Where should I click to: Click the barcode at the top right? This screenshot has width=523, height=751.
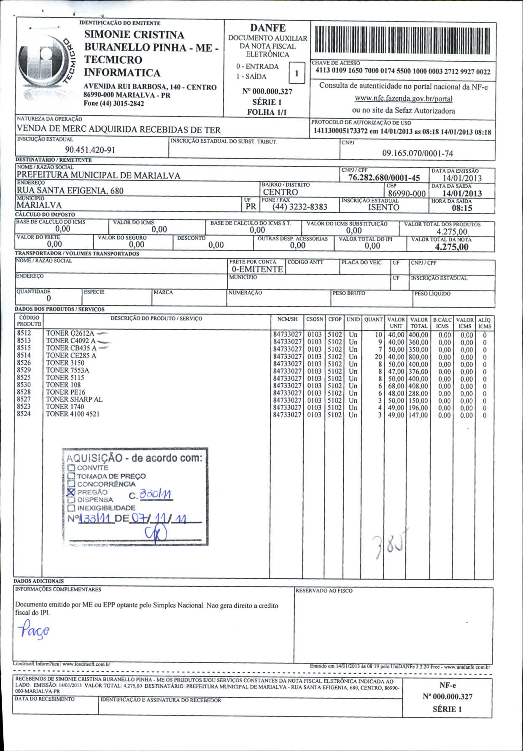click(402, 41)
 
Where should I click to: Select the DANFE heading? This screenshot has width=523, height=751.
click(268, 28)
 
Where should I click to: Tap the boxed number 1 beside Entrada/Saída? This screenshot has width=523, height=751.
click(297, 73)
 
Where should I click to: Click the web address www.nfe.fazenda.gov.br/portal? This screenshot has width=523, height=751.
click(403, 99)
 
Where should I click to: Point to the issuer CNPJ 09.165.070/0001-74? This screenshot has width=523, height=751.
click(417, 153)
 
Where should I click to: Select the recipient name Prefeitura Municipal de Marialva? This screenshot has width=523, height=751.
click(98, 175)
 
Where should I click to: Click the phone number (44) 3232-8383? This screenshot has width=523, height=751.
click(299, 207)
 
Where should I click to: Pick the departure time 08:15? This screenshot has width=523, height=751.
click(462, 208)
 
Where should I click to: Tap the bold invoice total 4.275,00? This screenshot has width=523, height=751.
click(451, 247)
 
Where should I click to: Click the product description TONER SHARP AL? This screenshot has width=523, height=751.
click(74, 399)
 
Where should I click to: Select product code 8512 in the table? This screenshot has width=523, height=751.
click(24, 333)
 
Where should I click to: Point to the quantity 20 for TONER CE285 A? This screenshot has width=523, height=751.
click(378, 357)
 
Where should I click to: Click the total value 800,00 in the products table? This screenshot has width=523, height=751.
click(418, 357)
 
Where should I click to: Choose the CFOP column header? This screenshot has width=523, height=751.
click(335, 320)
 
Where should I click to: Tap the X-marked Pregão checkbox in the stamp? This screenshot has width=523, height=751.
click(71, 492)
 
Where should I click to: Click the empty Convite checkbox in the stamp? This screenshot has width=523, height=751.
click(71, 468)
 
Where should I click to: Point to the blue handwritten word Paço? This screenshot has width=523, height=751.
click(34, 630)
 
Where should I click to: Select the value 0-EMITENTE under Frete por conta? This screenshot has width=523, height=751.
click(257, 269)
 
